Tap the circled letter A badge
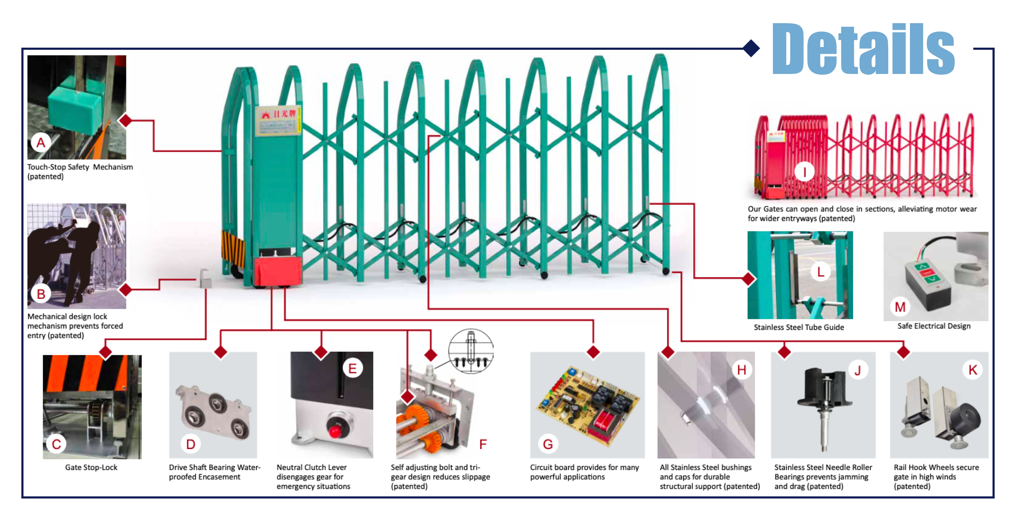(41, 143)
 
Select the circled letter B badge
(41, 294)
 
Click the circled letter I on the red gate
(805, 172)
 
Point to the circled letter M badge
(900, 307)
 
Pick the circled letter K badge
(973, 370)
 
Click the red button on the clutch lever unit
(336, 430)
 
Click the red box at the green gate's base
(278, 271)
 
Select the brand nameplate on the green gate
(278, 121)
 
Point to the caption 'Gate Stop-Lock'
(91, 467)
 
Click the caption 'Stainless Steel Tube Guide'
(799, 327)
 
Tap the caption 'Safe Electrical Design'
(933, 326)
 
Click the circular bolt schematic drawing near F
(471, 351)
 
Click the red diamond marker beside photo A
(126, 120)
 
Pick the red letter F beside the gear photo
(483, 444)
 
